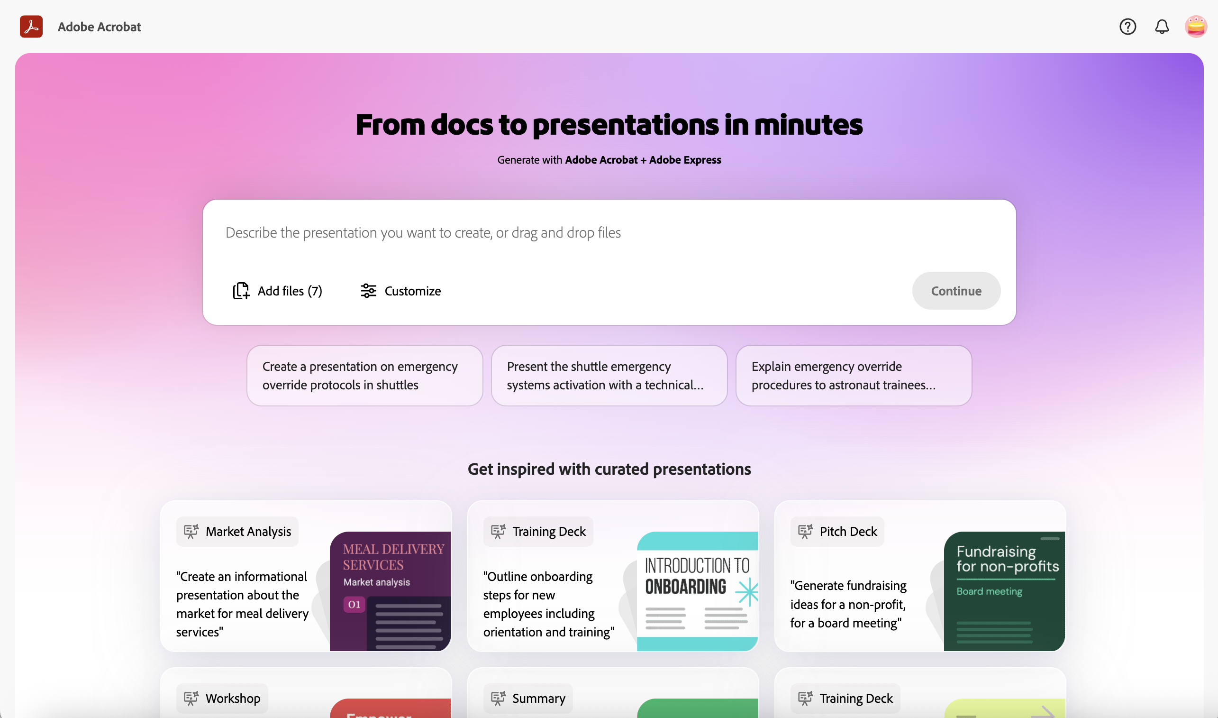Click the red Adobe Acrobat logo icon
31,27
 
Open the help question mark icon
1127,27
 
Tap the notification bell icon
1162,27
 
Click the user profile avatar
1196,27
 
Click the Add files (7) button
278,291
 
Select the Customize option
401,291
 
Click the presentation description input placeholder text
423,233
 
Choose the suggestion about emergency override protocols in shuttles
364,376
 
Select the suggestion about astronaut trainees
854,376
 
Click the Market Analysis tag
237,531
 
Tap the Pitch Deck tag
837,531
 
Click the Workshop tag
222,698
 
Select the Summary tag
528,698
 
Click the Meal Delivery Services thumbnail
390,591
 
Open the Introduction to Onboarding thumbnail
697,591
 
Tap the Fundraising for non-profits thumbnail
1004,591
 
